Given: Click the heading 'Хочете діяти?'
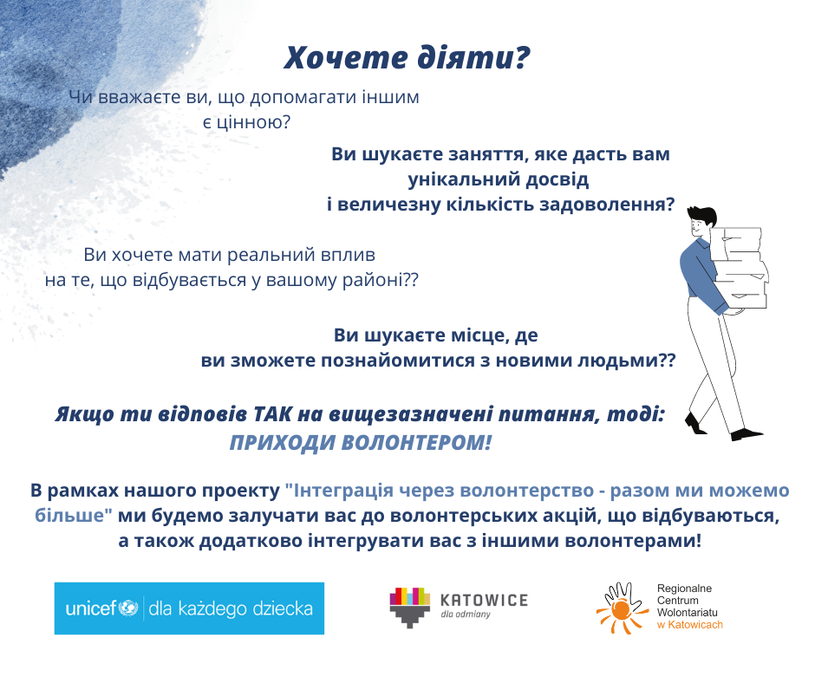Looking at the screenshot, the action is pyautogui.click(x=407, y=57).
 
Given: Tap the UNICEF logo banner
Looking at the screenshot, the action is pyautogui.click(x=189, y=608).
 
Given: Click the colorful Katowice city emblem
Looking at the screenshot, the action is pyautogui.click(x=410, y=607).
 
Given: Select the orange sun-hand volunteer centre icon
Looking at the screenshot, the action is pyautogui.click(x=621, y=608).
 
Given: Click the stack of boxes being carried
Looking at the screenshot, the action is pyautogui.click(x=739, y=269).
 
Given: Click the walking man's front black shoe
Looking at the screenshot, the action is pyautogui.click(x=746, y=434).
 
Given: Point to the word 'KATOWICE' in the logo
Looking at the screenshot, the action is pyautogui.click(x=484, y=601).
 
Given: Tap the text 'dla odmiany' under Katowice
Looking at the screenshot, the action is pyautogui.click(x=466, y=615).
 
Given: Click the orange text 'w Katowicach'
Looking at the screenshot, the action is pyautogui.click(x=690, y=625).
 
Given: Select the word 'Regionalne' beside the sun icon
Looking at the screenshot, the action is pyautogui.click(x=684, y=589).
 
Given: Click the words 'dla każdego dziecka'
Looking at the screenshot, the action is pyautogui.click(x=231, y=608).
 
